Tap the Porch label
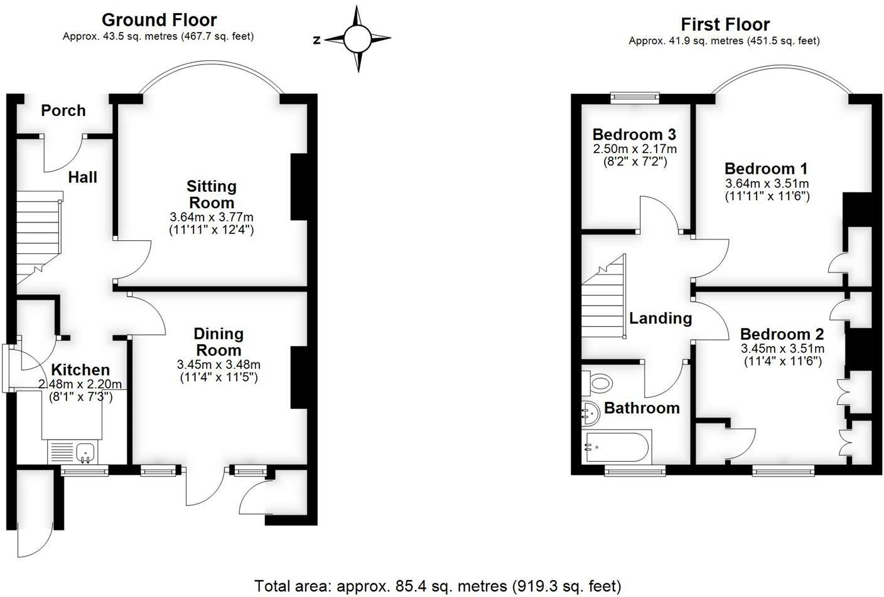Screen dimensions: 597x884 pos(63,111)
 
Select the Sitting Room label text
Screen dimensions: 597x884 pos(212,194)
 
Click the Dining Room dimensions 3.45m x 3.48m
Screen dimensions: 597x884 pos(218,365)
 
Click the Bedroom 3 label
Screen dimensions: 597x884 pos(634,135)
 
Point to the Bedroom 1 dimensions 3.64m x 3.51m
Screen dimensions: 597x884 pos(767,184)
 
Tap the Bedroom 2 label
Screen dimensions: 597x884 pos(782,334)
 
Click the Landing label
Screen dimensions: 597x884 pos(660,319)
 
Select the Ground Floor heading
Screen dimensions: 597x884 pos(159,20)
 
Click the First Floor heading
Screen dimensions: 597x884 pos(725,24)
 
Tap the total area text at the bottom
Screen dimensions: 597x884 pos(438,586)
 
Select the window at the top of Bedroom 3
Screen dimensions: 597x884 pos(635,97)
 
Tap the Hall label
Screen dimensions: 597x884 pos(83,177)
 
